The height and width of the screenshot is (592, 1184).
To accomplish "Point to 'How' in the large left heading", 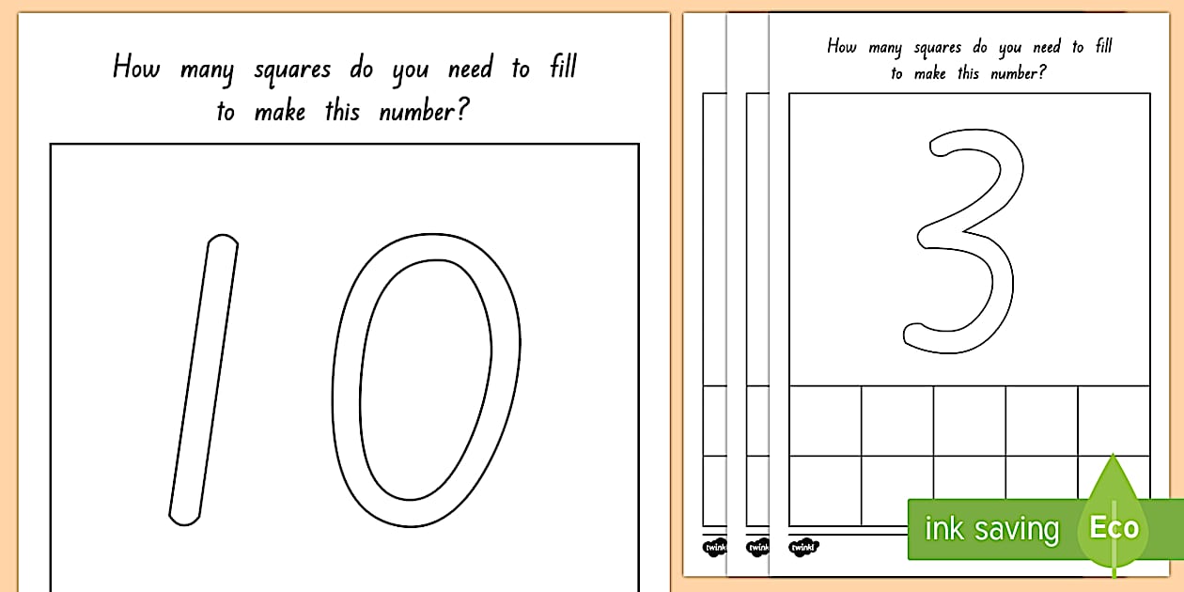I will [136, 68].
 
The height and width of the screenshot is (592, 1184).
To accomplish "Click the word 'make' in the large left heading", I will [280, 112].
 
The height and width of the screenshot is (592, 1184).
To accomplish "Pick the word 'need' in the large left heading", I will [471, 69].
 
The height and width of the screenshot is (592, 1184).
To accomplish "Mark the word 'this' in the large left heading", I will [342, 111].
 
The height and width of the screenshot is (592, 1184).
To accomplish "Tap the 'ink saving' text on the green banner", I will [991, 529].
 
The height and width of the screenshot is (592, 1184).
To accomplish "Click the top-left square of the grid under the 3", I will [825, 420].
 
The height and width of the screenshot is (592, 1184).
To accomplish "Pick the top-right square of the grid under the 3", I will [1114, 420].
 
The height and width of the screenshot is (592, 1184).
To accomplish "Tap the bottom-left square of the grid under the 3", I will [825, 491].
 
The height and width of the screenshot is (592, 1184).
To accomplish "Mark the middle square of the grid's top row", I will [970, 420].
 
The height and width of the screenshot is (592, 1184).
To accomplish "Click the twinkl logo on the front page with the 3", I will [803, 546].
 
